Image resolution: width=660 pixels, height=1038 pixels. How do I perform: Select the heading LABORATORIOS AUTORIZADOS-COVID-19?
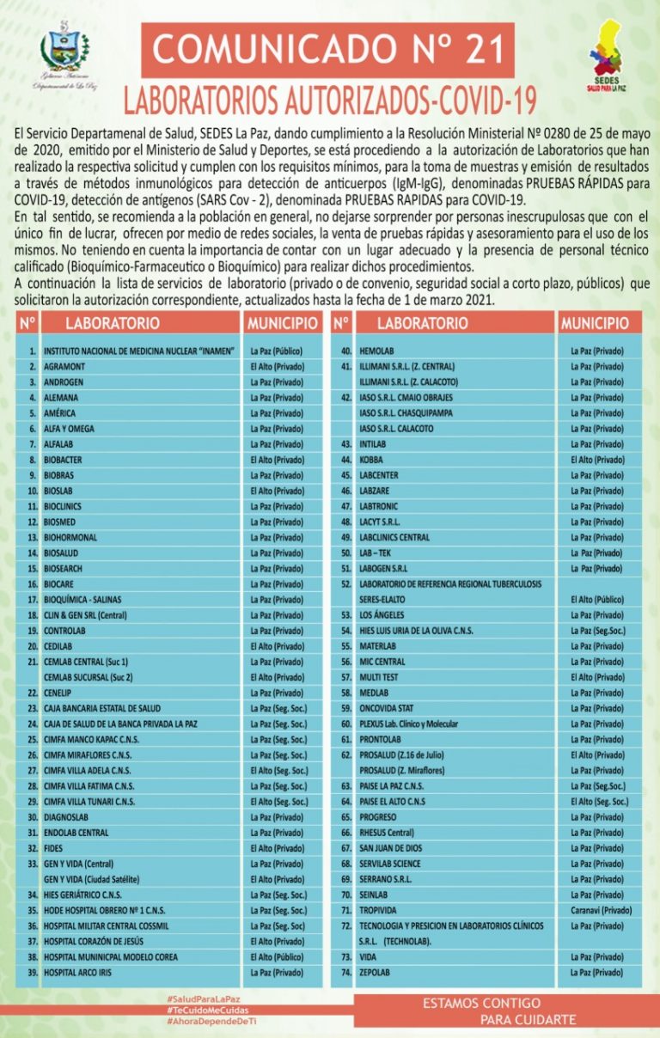(x=330, y=101)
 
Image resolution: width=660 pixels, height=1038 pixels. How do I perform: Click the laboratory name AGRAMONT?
(x=62, y=367)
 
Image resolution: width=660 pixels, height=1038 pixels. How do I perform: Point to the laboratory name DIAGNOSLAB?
(x=66, y=817)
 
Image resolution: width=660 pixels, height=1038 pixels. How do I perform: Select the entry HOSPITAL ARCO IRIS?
(x=77, y=973)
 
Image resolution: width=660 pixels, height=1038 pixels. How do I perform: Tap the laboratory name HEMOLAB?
(x=376, y=351)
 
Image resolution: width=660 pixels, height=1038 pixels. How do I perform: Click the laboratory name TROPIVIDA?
(x=378, y=910)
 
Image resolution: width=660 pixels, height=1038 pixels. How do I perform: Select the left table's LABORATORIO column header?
(x=113, y=324)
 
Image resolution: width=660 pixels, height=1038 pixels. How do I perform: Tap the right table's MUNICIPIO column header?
(x=595, y=324)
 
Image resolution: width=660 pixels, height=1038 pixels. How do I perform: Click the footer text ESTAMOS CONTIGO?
(x=482, y=1004)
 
